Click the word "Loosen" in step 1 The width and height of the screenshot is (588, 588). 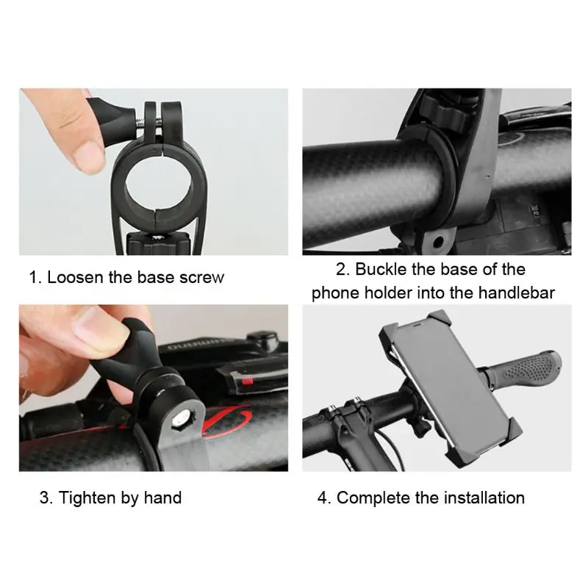pyautogui.click(x=75, y=278)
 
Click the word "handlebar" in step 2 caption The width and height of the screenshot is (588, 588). pyautogui.click(x=517, y=293)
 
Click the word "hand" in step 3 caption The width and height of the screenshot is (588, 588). pyautogui.click(x=162, y=498)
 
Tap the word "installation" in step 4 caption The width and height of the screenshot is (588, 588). pyautogui.click(x=484, y=498)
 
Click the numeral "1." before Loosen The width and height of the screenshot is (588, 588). pyautogui.click(x=35, y=278)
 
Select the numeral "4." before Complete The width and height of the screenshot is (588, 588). pyautogui.click(x=324, y=498)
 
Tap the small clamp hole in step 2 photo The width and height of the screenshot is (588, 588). pyautogui.click(x=437, y=243)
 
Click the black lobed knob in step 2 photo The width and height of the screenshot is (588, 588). pyautogui.click(x=445, y=112)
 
